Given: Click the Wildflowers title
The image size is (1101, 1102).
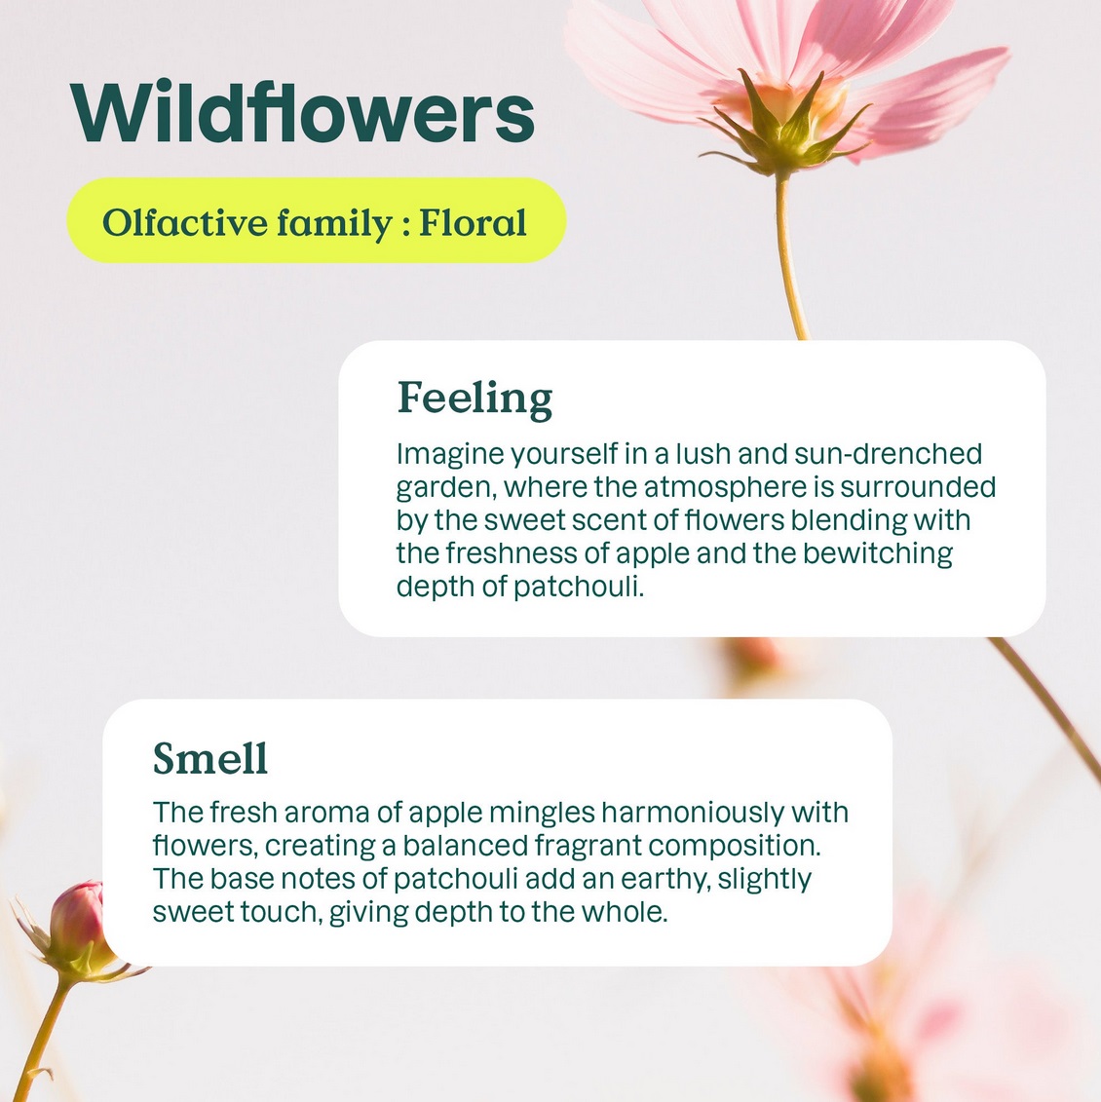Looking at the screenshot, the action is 302,112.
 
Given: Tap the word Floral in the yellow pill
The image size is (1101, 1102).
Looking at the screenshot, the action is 473,223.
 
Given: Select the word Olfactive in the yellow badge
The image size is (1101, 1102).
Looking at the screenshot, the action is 185,223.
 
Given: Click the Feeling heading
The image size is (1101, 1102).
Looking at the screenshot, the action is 475,399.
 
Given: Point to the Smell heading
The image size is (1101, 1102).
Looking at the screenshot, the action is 210,758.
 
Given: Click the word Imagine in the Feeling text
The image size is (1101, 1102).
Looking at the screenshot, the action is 450,455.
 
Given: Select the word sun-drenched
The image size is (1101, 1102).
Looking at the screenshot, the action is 888,454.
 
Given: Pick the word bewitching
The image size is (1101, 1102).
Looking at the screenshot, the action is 878,553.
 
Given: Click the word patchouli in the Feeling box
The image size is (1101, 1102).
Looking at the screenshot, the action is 579,587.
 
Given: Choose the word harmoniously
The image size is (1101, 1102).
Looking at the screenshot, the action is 693,814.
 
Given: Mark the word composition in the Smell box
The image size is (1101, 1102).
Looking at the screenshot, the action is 735,846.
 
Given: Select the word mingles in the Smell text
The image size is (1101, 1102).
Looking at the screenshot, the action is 543,814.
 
